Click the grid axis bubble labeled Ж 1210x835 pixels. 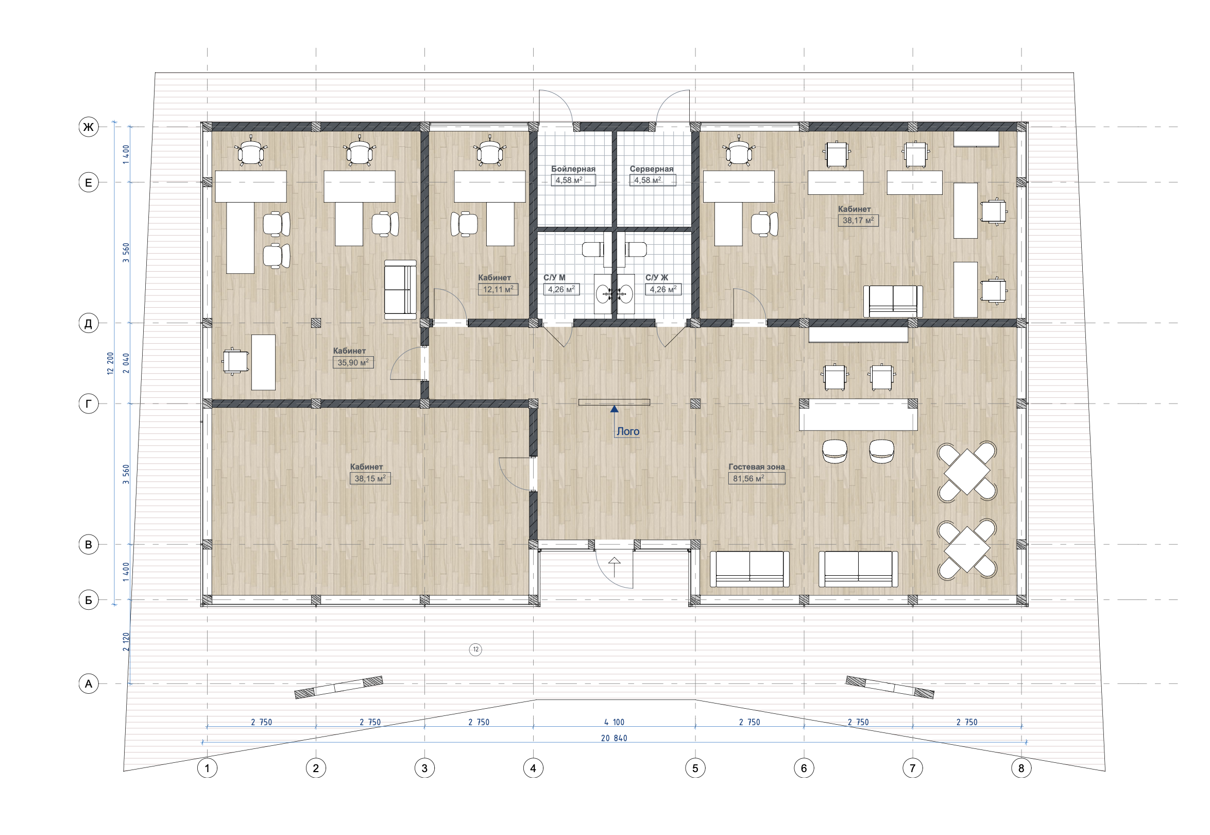[89, 127]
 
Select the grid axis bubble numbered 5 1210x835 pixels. [695, 768]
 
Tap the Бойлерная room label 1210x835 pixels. [573, 169]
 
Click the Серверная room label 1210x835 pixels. [652, 169]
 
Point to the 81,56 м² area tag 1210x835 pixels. [756, 478]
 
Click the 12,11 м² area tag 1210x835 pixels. [498, 289]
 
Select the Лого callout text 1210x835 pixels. [628, 431]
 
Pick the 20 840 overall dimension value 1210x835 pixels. [614, 738]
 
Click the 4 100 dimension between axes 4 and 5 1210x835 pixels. [614, 722]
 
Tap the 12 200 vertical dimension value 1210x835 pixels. [110, 363]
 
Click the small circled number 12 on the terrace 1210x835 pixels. [475, 650]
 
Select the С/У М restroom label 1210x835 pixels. [554, 278]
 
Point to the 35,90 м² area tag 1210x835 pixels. [353, 362]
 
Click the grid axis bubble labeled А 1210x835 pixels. [89, 683]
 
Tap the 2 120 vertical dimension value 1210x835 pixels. [126, 641]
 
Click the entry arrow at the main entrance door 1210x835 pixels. [615, 567]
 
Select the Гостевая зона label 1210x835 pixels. [756, 466]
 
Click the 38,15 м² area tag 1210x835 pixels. [370, 478]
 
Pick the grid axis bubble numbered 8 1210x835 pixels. [1021, 768]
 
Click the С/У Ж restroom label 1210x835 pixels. [657, 278]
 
